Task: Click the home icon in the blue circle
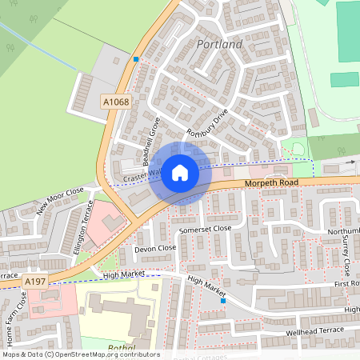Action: coord(180,173)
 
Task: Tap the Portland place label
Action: coord(218,44)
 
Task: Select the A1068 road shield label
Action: coord(114,101)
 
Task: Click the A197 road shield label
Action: coord(34,282)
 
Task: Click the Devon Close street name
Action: coord(154,249)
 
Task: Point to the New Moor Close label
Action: coord(60,203)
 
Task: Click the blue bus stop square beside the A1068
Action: coord(136,59)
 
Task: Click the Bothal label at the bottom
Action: coord(120,348)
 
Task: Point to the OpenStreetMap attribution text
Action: coord(80,354)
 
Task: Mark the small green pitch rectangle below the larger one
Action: coord(345,79)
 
